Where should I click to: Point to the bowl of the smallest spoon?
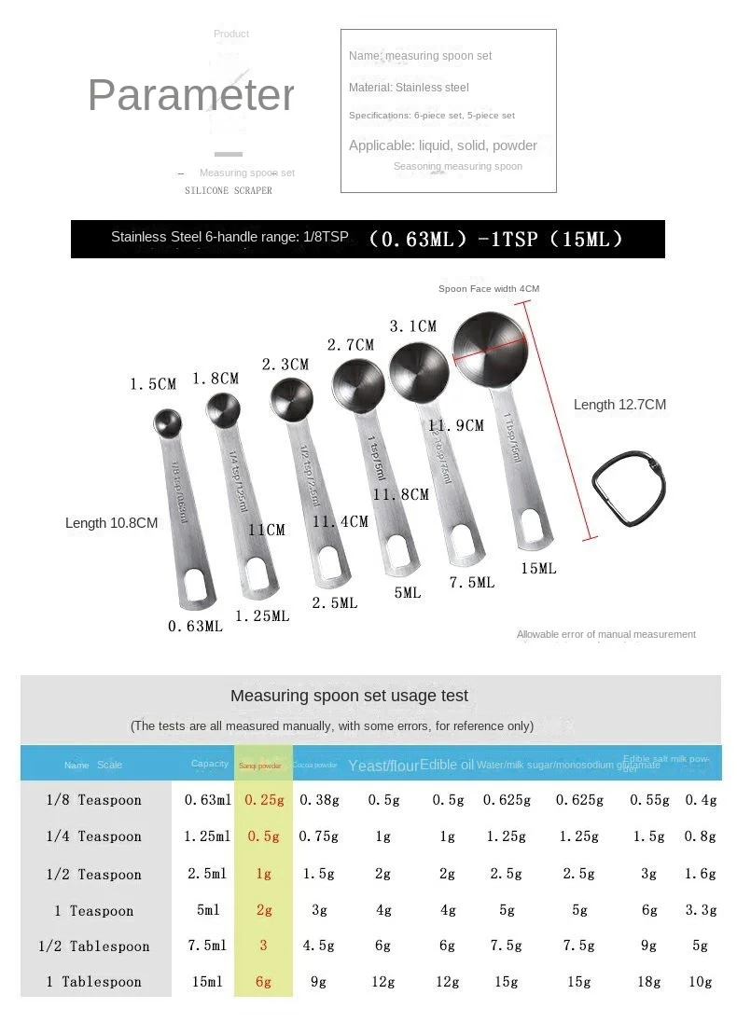click(x=168, y=422)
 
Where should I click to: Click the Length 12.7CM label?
click(x=619, y=405)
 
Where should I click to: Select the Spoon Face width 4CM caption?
click(x=489, y=289)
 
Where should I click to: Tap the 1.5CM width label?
click(x=153, y=384)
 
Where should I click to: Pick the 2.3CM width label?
click(x=285, y=365)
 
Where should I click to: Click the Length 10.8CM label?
click(x=111, y=523)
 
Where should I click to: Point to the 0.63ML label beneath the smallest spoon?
click(x=195, y=627)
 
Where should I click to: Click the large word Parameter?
click(x=191, y=95)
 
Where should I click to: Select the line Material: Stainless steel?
click(x=409, y=88)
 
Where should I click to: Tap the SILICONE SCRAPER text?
click(x=229, y=191)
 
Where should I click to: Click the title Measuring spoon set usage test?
click(x=349, y=696)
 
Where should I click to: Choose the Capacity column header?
click(x=210, y=764)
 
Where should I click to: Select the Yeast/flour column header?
click(x=382, y=766)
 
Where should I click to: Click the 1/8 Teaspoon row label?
click(x=95, y=800)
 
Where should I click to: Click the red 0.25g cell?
click(x=264, y=800)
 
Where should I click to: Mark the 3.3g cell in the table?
click(x=701, y=910)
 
